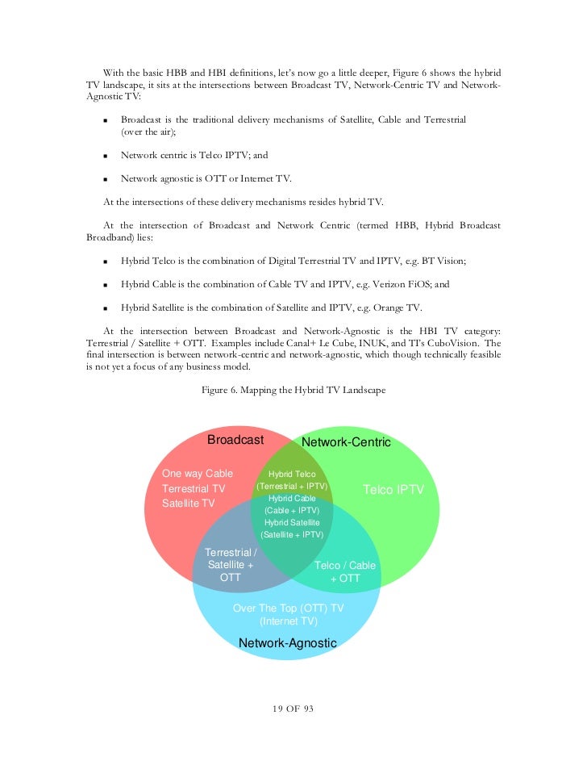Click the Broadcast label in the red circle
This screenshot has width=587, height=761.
(x=235, y=440)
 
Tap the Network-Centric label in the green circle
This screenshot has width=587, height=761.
(x=346, y=442)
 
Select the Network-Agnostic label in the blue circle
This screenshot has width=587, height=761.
(x=287, y=642)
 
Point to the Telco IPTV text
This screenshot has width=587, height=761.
(x=393, y=490)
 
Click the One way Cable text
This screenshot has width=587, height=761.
(x=198, y=474)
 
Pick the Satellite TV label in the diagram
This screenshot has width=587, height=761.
(x=189, y=504)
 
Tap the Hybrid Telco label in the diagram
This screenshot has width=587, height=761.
(x=292, y=475)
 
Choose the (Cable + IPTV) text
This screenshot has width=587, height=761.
(x=292, y=511)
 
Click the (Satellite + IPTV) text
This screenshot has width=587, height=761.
(x=292, y=534)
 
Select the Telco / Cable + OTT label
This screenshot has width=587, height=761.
(x=345, y=572)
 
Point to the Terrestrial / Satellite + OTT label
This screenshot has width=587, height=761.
(x=231, y=565)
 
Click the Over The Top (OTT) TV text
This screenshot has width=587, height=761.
(x=288, y=608)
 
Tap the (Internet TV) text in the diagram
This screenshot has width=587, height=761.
(x=288, y=621)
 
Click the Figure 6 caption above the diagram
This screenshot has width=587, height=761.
(x=293, y=391)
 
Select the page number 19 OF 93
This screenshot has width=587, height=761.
(x=293, y=709)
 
